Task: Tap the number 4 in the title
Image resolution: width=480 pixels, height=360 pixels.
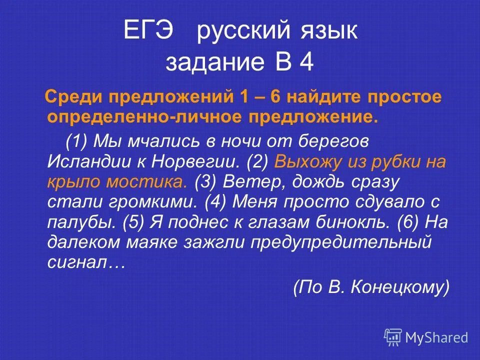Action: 306,63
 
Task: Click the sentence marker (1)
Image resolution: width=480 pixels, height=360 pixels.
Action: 77,141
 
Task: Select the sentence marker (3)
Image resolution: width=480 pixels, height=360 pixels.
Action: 205,181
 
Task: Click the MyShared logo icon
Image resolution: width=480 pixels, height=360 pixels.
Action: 393,337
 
